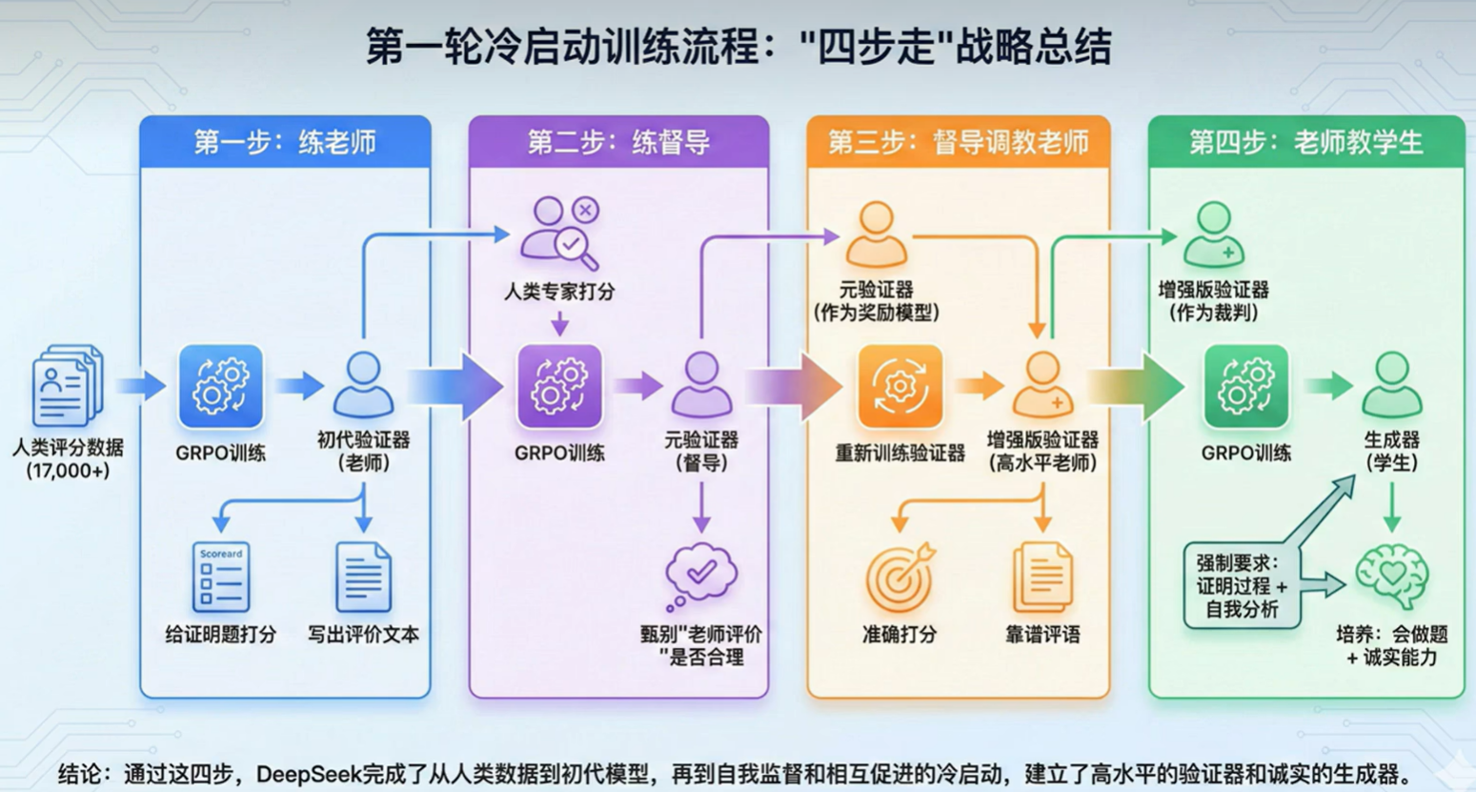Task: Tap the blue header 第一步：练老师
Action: pos(285,142)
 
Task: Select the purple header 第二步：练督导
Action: pos(618,142)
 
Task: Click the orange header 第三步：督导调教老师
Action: pos(958,142)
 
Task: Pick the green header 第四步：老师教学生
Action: pos(1305,142)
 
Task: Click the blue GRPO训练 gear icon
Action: pos(221,386)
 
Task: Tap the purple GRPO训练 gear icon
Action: pos(559,386)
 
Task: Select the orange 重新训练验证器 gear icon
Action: pos(900,386)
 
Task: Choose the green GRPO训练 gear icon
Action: pos(1245,386)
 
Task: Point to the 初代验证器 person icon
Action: pos(363,384)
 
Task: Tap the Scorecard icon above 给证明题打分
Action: pos(221,577)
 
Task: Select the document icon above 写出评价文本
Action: pos(363,577)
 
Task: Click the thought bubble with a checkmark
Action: pos(701,575)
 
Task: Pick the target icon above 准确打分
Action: pos(900,577)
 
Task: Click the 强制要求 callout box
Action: pos(1242,586)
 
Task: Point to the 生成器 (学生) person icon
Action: pos(1392,384)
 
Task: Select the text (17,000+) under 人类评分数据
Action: pos(68,471)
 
